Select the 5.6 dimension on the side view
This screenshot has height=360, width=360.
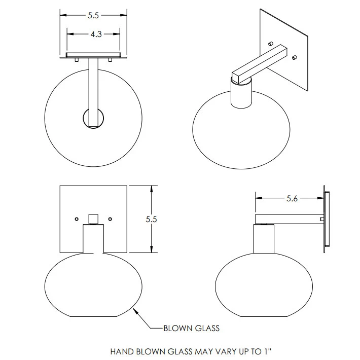(x=292, y=199)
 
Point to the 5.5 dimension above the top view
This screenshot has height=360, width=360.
(x=93, y=16)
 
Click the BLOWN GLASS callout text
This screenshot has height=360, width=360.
(x=191, y=328)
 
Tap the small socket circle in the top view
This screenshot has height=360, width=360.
(x=94, y=118)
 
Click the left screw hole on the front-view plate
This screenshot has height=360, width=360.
(x=76, y=219)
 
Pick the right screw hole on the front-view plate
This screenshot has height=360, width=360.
(x=110, y=219)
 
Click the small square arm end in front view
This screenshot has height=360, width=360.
(x=93, y=219)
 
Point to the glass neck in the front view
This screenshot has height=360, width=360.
(x=93, y=238)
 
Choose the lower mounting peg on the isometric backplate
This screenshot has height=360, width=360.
(x=294, y=58)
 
